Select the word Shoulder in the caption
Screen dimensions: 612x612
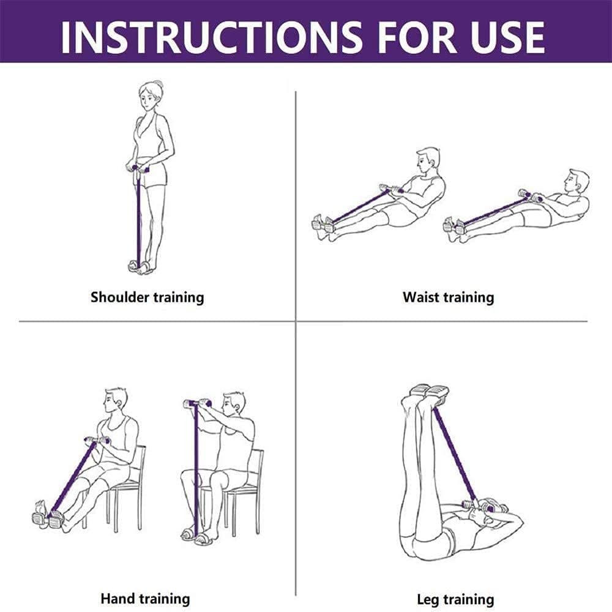119,297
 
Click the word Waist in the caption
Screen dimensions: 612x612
421,297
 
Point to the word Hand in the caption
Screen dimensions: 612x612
118,599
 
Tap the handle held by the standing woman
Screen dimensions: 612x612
138,169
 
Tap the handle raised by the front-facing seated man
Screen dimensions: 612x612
198,403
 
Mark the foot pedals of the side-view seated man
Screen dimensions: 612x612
48,519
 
